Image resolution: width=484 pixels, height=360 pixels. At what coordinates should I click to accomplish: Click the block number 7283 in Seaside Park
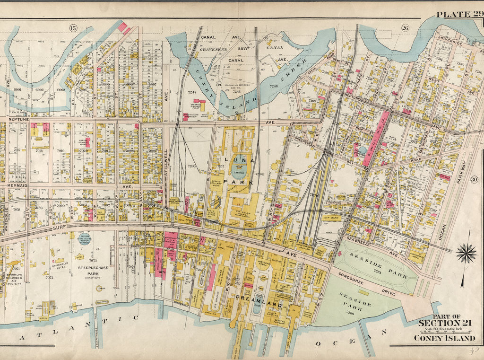[378, 272]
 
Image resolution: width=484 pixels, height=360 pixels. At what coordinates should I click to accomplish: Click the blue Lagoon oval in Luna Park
[238, 164]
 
